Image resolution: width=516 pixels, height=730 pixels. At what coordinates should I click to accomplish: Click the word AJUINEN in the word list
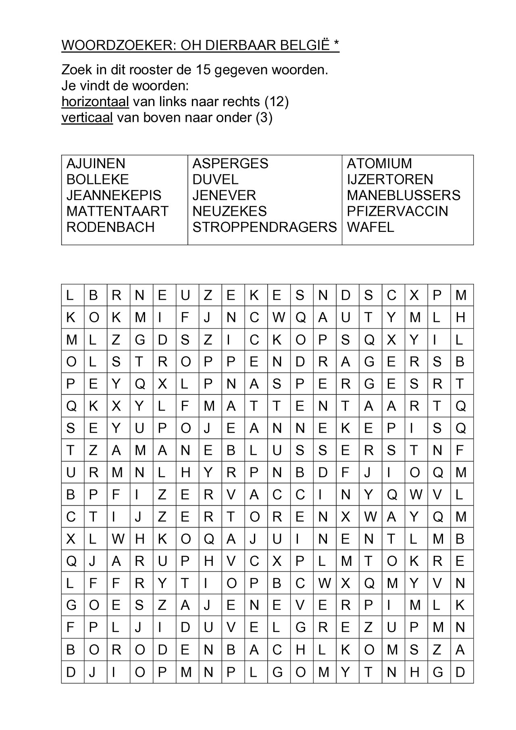click(96, 164)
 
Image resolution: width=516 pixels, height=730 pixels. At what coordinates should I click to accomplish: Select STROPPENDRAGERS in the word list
click(264, 227)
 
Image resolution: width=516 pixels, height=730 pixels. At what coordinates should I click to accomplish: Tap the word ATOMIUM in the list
click(379, 164)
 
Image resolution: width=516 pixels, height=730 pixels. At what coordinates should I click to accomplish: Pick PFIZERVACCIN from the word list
click(397, 211)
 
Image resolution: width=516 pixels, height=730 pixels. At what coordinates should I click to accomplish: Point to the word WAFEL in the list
click(370, 227)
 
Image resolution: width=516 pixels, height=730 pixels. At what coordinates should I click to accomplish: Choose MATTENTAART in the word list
click(117, 211)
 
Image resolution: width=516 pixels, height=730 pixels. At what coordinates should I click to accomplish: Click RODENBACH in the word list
click(110, 227)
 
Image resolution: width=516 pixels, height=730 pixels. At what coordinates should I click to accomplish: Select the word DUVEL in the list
click(215, 179)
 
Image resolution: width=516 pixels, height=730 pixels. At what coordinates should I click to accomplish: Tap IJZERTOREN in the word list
click(390, 179)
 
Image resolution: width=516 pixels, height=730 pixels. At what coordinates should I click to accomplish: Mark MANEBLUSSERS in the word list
click(404, 196)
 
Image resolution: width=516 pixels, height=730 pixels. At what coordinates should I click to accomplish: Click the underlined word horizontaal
click(95, 102)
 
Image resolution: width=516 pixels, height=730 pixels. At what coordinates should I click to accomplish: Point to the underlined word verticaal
click(87, 118)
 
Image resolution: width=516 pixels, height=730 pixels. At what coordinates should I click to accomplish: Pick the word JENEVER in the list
click(224, 196)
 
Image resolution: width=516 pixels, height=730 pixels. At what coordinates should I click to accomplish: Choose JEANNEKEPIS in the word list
click(114, 196)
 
